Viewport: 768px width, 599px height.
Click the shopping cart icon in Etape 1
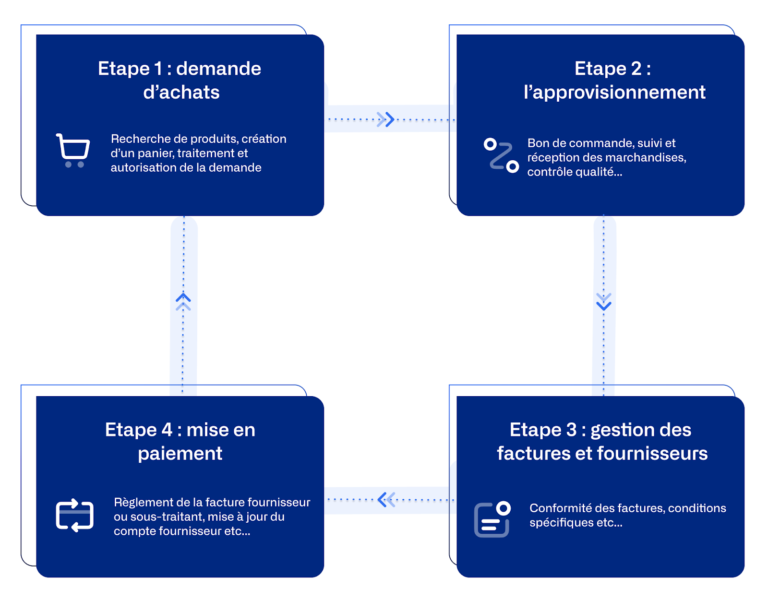pos(73,151)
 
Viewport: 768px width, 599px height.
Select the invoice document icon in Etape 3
pos(492,519)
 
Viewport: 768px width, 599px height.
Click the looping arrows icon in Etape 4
pos(74,516)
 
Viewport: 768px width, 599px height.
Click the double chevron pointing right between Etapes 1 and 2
pos(385,119)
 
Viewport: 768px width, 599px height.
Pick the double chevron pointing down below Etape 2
pos(603,302)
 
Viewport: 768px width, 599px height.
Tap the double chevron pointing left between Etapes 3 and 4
pos(386,500)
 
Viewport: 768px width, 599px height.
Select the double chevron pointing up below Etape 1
pos(183,302)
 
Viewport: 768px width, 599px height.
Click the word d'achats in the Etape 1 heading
pos(181,93)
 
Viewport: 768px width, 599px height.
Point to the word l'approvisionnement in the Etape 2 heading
pos(614,93)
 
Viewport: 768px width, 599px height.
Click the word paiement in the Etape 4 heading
pos(180,454)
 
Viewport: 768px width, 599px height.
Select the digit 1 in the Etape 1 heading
pos(157,69)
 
